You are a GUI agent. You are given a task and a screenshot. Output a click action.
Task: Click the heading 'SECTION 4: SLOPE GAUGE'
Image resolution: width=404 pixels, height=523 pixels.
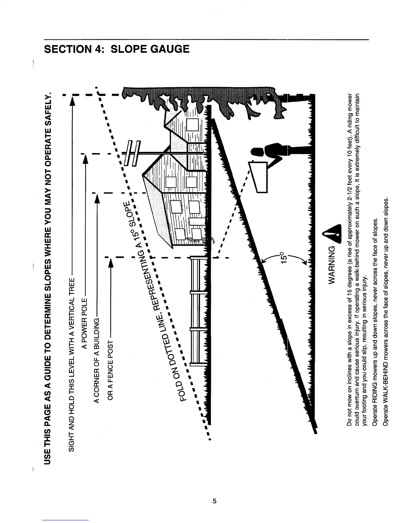(117, 49)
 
